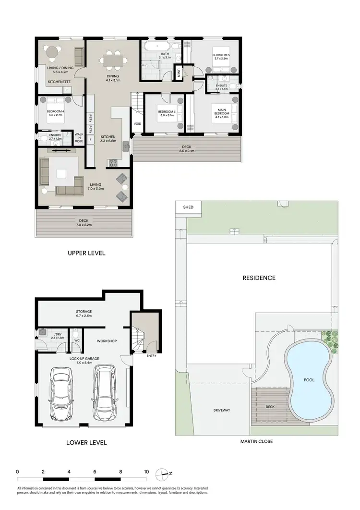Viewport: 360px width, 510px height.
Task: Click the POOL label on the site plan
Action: [x=309, y=379]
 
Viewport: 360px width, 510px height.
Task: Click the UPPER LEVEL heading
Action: [x=86, y=253]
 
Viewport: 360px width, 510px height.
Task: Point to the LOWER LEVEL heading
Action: [x=86, y=442]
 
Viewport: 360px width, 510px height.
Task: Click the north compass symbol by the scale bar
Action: [x=165, y=473]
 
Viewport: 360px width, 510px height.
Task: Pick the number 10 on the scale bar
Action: [x=146, y=472]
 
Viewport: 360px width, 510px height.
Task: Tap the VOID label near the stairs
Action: [x=137, y=123]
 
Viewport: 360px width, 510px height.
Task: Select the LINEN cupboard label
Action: [x=179, y=73]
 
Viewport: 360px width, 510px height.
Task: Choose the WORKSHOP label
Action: [x=107, y=341]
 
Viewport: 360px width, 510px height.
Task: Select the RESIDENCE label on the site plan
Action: [x=259, y=278]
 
